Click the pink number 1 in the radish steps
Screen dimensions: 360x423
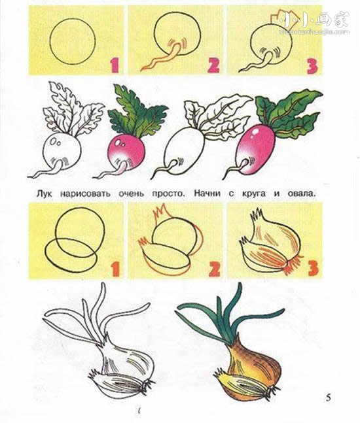(115, 66)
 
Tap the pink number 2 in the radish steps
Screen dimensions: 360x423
(213, 65)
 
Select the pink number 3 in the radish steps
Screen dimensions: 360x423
(312, 67)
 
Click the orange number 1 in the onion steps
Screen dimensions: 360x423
(115, 269)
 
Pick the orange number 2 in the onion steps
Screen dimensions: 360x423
(215, 269)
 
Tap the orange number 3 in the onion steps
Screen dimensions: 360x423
(313, 268)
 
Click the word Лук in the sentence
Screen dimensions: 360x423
(44, 194)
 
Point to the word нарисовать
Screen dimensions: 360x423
(85, 194)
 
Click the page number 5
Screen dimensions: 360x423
(328, 398)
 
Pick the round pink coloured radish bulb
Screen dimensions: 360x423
(126, 152)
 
